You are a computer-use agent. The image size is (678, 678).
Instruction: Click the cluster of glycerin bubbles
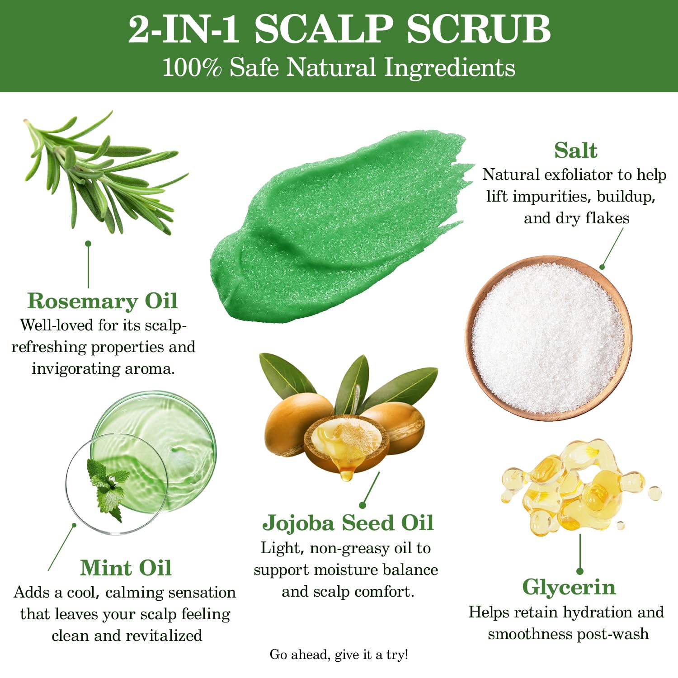coord(579,488)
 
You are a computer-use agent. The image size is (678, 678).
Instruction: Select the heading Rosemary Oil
coord(102,301)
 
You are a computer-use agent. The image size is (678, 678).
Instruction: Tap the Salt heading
coord(575,151)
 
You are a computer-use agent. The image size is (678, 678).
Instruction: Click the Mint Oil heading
coord(126,568)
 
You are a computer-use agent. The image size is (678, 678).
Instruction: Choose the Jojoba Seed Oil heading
coord(348,523)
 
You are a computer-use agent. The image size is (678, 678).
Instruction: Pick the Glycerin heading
coord(569,587)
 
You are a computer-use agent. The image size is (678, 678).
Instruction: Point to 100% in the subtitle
coord(192,68)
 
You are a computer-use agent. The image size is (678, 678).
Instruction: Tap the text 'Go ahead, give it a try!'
coord(339,654)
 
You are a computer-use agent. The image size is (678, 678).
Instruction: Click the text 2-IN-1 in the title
coord(184,29)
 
